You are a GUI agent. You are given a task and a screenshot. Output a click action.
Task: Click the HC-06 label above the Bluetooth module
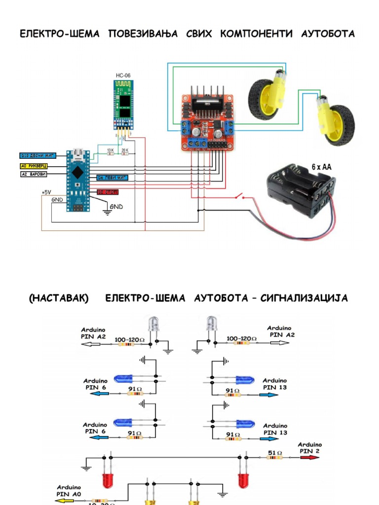coord(123,75)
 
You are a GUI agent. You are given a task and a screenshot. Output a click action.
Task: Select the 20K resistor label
coord(125,149)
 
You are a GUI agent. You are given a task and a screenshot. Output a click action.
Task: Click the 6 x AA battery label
coord(321,167)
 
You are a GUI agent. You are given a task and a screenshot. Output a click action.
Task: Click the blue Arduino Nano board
coord(77,180)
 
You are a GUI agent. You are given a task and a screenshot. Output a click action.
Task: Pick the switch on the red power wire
coord(241,197)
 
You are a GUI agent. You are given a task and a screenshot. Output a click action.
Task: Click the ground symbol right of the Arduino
coord(106,212)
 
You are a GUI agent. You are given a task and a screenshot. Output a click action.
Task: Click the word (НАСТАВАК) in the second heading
coord(58,298)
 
